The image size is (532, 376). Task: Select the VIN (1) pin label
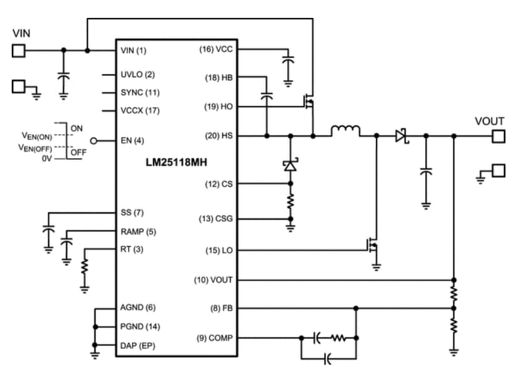click(x=134, y=50)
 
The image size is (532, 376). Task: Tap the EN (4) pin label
click(x=133, y=140)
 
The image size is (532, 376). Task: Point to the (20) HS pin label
click(x=218, y=135)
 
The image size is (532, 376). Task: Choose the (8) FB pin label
click(x=220, y=307)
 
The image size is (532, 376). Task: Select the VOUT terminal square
click(x=497, y=136)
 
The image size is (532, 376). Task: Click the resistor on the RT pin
click(x=85, y=266)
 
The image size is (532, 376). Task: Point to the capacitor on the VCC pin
click(x=287, y=61)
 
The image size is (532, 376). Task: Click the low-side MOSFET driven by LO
click(x=372, y=246)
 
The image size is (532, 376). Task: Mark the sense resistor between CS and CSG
click(x=290, y=201)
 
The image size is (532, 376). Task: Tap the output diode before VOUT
click(x=402, y=135)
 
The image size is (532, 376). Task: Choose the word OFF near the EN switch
click(x=78, y=152)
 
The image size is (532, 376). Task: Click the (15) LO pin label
click(x=219, y=250)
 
